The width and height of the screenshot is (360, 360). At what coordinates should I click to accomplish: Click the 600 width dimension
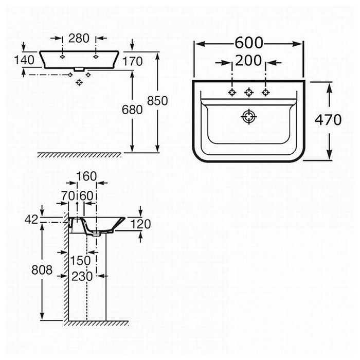point(248,43)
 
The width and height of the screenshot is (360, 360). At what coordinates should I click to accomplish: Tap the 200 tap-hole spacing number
point(248,60)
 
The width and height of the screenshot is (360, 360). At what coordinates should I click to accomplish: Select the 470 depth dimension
point(328,120)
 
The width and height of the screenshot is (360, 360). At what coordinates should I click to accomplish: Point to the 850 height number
point(157,101)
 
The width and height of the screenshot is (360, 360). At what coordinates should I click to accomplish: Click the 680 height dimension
point(132,110)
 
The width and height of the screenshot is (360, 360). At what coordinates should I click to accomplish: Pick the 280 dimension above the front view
point(79,38)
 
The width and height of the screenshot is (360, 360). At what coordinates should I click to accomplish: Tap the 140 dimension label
point(24,60)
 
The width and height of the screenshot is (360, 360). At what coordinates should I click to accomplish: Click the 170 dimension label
point(133,61)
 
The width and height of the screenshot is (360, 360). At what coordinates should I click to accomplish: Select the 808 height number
point(42,269)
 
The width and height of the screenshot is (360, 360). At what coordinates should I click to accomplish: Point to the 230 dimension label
point(82,276)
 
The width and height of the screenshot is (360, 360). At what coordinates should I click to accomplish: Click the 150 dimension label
point(80,261)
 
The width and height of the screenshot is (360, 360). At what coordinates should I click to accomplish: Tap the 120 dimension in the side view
point(140,224)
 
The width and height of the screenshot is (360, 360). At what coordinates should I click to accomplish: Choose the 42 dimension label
point(31,220)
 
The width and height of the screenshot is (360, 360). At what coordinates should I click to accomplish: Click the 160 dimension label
point(86,176)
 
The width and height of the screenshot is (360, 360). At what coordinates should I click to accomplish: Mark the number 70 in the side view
point(68,196)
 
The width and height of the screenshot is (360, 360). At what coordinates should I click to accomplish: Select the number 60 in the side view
point(86,196)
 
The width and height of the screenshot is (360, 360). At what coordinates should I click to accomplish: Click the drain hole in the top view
point(249,117)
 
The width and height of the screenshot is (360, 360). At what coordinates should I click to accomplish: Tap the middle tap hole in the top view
point(249,92)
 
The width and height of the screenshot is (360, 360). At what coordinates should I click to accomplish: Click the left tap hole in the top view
point(232,92)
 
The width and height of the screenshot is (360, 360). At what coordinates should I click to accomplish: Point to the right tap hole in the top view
point(266,92)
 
